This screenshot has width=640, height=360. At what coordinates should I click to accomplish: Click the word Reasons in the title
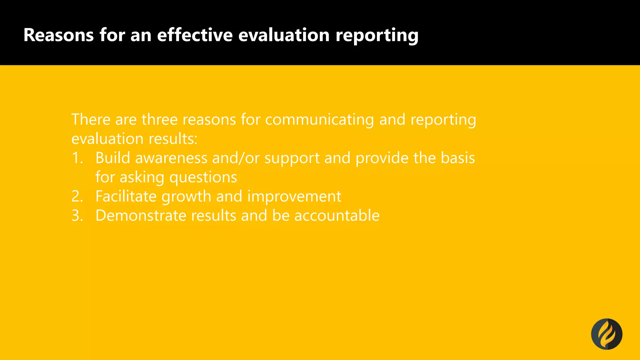[x=58, y=35]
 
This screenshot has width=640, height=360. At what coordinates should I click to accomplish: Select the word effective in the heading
[x=195, y=35]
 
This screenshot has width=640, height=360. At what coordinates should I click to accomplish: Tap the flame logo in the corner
[x=607, y=334]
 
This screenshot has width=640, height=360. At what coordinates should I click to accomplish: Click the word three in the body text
[x=159, y=119]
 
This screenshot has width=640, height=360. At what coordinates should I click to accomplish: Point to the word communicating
[x=319, y=120]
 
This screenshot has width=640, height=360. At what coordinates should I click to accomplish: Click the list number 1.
[x=77, y=158]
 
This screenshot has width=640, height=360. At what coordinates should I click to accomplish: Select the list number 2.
[x=77, y=196]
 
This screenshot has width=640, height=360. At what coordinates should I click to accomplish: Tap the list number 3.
[x=77, y=216]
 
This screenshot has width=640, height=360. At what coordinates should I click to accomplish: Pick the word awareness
[x=171, y=158]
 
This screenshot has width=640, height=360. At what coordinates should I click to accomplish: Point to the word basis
[x=458, y=158]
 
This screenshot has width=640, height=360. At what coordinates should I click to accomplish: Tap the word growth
[x=186, y=197]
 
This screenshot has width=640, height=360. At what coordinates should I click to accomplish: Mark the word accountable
[x=337, y=216]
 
